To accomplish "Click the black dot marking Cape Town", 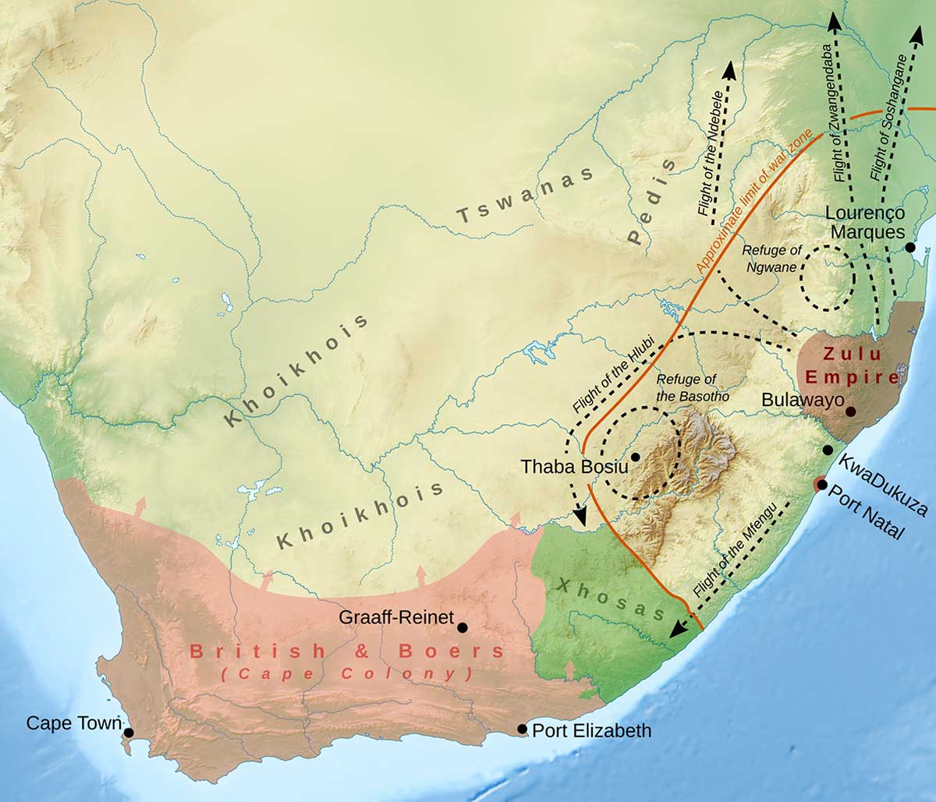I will coord(129,733).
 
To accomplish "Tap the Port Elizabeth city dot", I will coord(522,729).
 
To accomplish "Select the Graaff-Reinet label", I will coord(396,617).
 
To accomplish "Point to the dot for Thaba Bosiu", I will coord(636,457).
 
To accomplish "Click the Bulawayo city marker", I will coord(850,411).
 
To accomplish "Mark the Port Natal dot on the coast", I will coord(821,485).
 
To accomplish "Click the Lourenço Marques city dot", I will coord(909,247).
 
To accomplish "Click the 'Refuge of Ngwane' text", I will coord(771,259).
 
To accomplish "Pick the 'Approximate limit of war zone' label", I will coord(753,203).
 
